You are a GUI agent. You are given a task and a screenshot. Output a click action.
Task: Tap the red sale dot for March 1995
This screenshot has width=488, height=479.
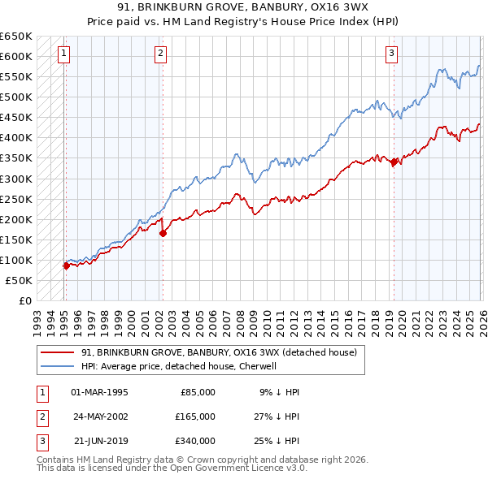point(66,265)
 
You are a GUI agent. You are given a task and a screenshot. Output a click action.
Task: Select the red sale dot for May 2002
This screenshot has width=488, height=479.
point(163,233)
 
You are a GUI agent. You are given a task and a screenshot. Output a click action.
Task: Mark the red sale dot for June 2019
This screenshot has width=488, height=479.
point(394,162)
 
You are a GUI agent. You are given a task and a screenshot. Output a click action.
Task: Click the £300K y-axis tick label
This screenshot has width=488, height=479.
point(16,179)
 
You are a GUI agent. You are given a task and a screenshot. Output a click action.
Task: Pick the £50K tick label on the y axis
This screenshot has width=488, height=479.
point(19,280)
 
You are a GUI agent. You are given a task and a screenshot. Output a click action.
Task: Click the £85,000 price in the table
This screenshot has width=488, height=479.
point(197,392)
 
